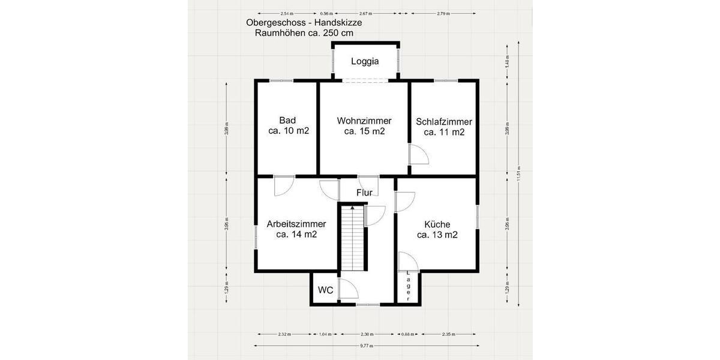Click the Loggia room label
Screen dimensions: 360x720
(x=365, y=61)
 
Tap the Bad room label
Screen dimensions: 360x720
(x=287, y=120)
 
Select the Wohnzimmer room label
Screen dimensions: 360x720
(x=364, y=120)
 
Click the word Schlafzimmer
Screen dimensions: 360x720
(x=444, y=121)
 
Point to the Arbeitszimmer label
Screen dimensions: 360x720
(x=296, y=224)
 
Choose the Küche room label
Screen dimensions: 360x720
(x=437, y=224)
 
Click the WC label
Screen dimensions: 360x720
(x=325, y=290)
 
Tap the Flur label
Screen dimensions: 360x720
(x=364, y=193)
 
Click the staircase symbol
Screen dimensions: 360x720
(x=352, y=237)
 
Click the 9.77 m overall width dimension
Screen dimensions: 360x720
(x=366, y=346)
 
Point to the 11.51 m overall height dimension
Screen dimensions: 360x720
(x=520, y=174)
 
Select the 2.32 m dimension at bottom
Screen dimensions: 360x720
(x=284, y=334)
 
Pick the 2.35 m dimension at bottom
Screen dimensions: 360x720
(x=449, y=334)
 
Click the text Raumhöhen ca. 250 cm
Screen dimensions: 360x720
(x=304, y=33)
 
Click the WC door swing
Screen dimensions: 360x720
(x=348, y=289)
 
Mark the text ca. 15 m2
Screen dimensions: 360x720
(x=364, y=131)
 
